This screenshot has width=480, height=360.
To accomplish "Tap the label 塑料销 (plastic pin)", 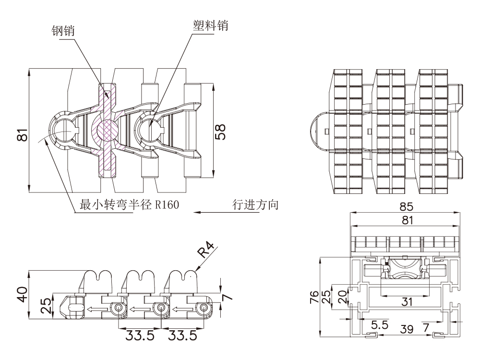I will [207, 24].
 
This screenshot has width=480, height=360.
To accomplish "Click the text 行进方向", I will [255, 205].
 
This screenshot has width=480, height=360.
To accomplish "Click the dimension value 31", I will [407, 302].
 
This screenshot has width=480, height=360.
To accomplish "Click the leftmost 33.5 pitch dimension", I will [140, 335].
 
